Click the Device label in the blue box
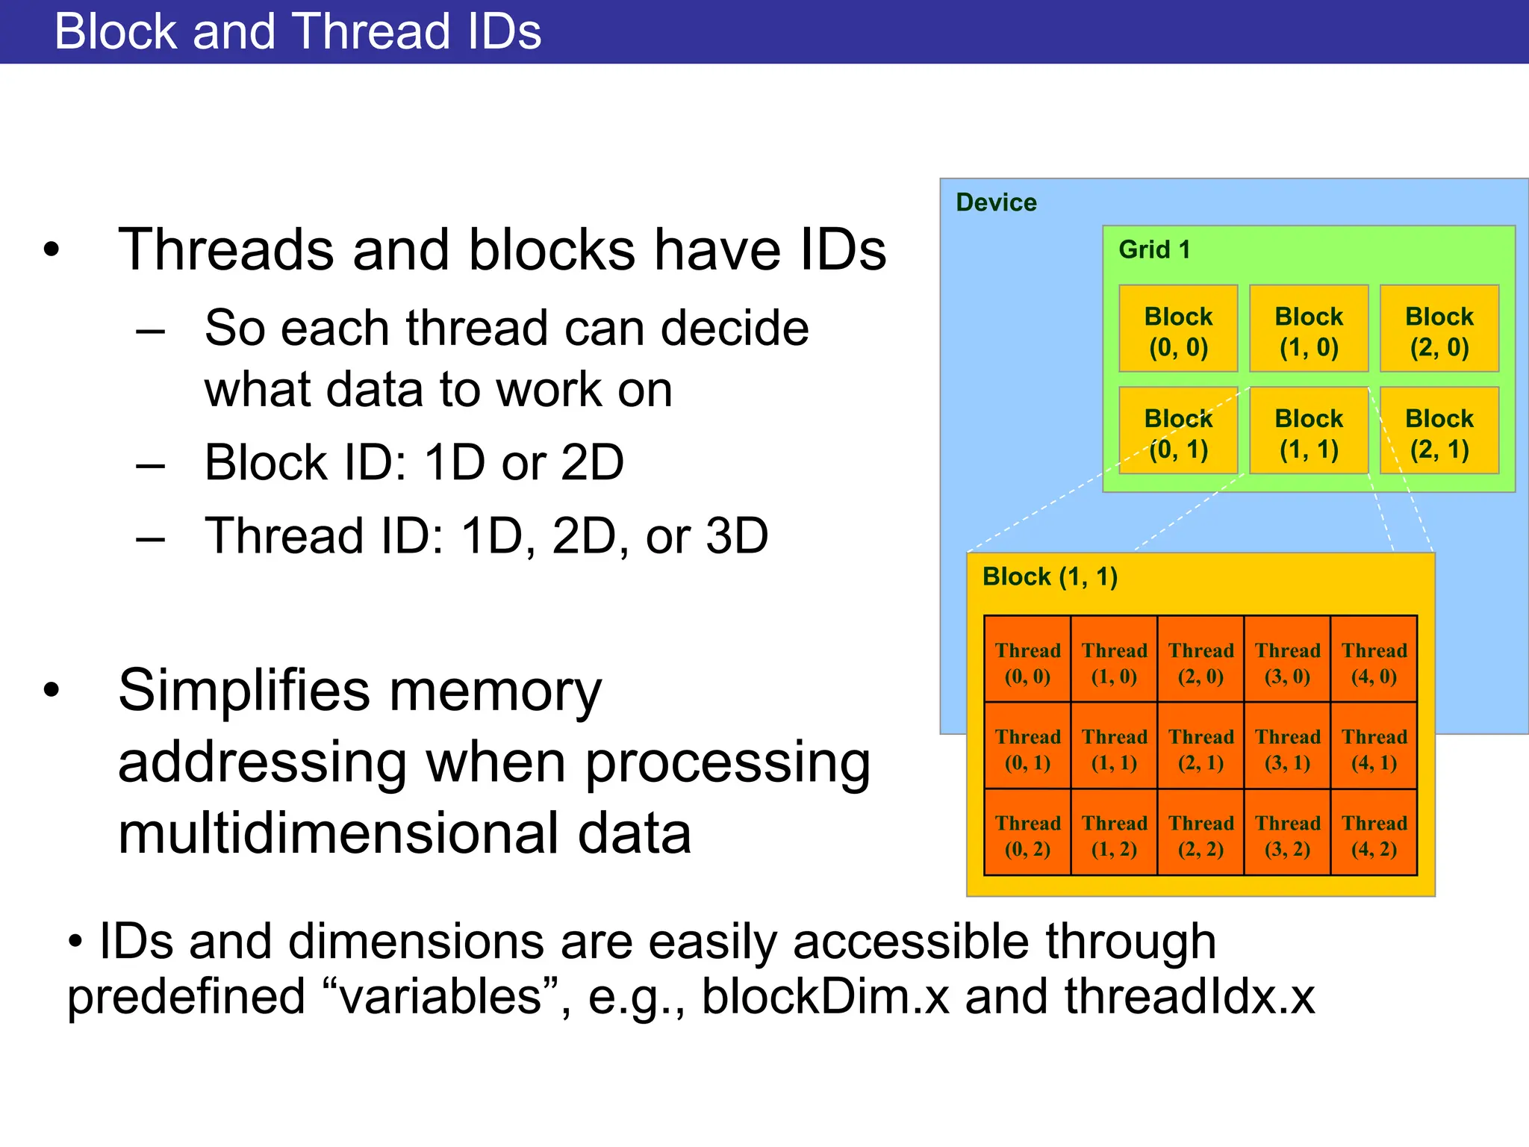click(x=996, y=202)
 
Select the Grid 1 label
click(x=1154, y=249)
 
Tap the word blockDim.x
click(x=825, y=997)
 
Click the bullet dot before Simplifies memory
click(x=51, y=691)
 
